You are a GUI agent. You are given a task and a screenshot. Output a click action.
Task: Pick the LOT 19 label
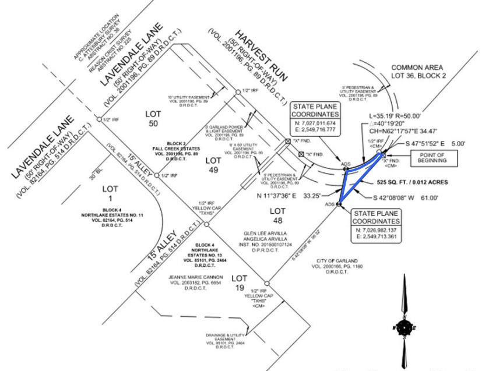[x=241, y=280]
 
